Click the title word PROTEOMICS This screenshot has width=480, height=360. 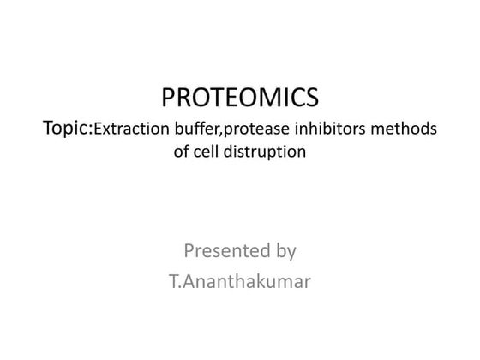click(240, 97)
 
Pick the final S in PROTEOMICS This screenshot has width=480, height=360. click(311, 97)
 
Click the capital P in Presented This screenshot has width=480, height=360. click(189, 251)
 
